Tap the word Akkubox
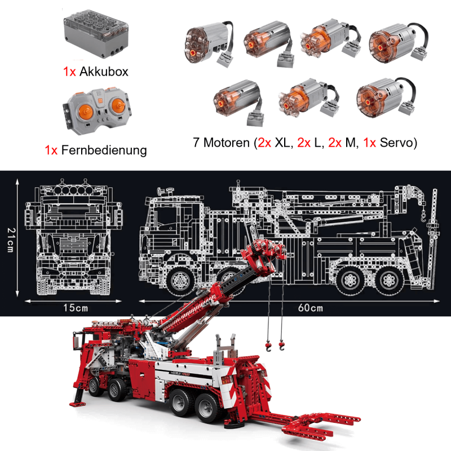[104, 72]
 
